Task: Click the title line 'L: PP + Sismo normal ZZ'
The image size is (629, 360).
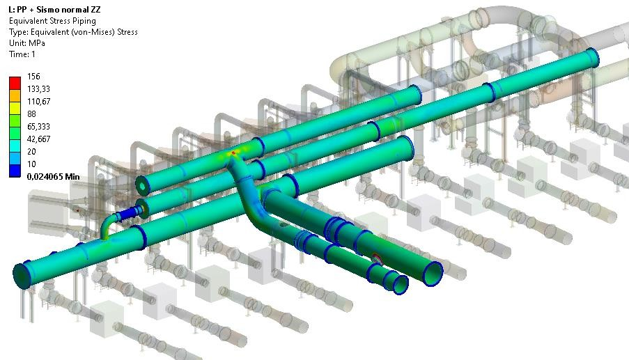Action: (x=54, y=9)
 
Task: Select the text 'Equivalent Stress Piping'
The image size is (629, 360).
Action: (x=52, y=21)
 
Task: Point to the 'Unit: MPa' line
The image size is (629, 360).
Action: (x=27, y=43)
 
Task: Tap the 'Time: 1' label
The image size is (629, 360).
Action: (x=22, y=54)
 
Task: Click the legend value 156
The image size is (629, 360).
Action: (x=33, y=76)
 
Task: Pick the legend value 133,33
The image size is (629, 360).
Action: (x=38, y=89)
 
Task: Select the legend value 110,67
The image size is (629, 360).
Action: (x=38, y=102)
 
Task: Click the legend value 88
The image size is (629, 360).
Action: (x=31, y=114)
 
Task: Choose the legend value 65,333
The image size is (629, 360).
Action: (x=38, y=127)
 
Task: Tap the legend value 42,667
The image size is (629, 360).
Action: (x=38, y=139)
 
